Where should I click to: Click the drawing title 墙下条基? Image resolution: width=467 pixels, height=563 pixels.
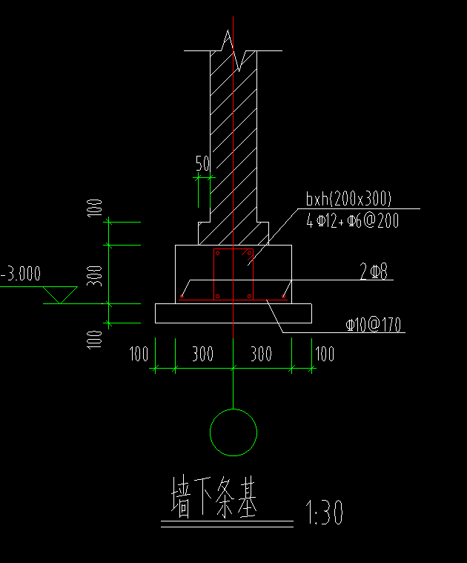pyautogui.click(x=214, y=497)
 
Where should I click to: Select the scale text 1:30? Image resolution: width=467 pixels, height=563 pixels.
pyautogui.click(x=324, y=513)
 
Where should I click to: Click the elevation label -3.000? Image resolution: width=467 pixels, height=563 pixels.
pyautogui.click(x=21, y=274)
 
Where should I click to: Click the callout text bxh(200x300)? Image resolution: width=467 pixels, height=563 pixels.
pyautogui.click(x=348, y=199)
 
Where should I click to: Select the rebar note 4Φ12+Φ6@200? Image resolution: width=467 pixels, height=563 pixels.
pyautogui.click(x=353, y=220)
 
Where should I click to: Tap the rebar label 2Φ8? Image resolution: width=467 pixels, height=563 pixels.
pyautogui.click(x=374, y=271)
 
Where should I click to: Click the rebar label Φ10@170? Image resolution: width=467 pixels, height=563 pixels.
pyautogui.click(x=374, y=325)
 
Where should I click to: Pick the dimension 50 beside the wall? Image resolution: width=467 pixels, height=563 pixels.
pyautogui.click(x=202, y=163)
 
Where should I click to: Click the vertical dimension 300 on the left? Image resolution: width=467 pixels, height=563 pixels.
pyautogui.click(x=95, y=276)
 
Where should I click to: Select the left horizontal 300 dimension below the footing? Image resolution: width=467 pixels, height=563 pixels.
pyautogui.click(x=202, y=354)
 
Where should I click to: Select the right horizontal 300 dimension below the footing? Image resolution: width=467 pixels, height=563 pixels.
pyautogui.click(x=261, y=354)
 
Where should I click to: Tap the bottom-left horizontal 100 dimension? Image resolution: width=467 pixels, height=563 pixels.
pyautogui.click(x=139, y=354)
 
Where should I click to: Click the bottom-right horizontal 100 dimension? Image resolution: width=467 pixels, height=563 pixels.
pyautogui.click(x=325, y=354)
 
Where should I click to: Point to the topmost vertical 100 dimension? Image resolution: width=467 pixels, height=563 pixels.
pyautogui.click(x=95, y=208)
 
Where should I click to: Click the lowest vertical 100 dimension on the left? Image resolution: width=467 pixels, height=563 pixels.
pyautogui.click(x=95, y=340)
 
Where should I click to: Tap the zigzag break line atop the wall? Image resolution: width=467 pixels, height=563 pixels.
pyautogui.click(x=233, y=50)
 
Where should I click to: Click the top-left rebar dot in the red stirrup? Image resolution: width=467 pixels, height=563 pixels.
pyautogui.click(x=217, y=253)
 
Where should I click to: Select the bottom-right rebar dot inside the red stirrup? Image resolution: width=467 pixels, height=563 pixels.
pyautogui.click(x=249, y=296)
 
